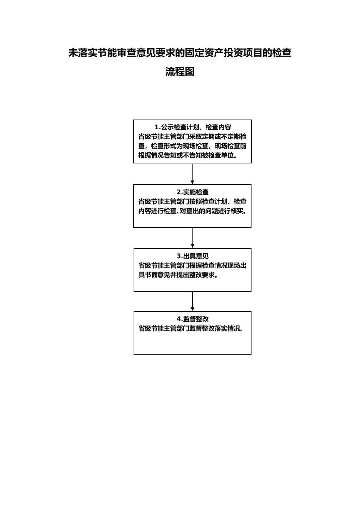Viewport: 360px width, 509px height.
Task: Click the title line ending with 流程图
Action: point(180,72)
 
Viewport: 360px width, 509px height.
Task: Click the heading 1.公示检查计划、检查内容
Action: point(193,127)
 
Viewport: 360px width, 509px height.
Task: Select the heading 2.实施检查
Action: point(193,192)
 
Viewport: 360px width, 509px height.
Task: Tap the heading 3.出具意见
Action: point(193,256)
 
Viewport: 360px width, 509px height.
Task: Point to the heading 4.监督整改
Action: point(193,319)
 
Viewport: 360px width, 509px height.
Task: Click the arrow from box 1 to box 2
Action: point(192,174)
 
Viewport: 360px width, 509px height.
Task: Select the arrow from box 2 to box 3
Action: point(192,238)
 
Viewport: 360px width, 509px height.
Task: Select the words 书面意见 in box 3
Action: point(158,275)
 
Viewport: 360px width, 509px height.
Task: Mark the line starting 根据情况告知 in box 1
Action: point(188,155)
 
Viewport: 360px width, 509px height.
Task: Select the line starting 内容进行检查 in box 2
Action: point(193,211)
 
